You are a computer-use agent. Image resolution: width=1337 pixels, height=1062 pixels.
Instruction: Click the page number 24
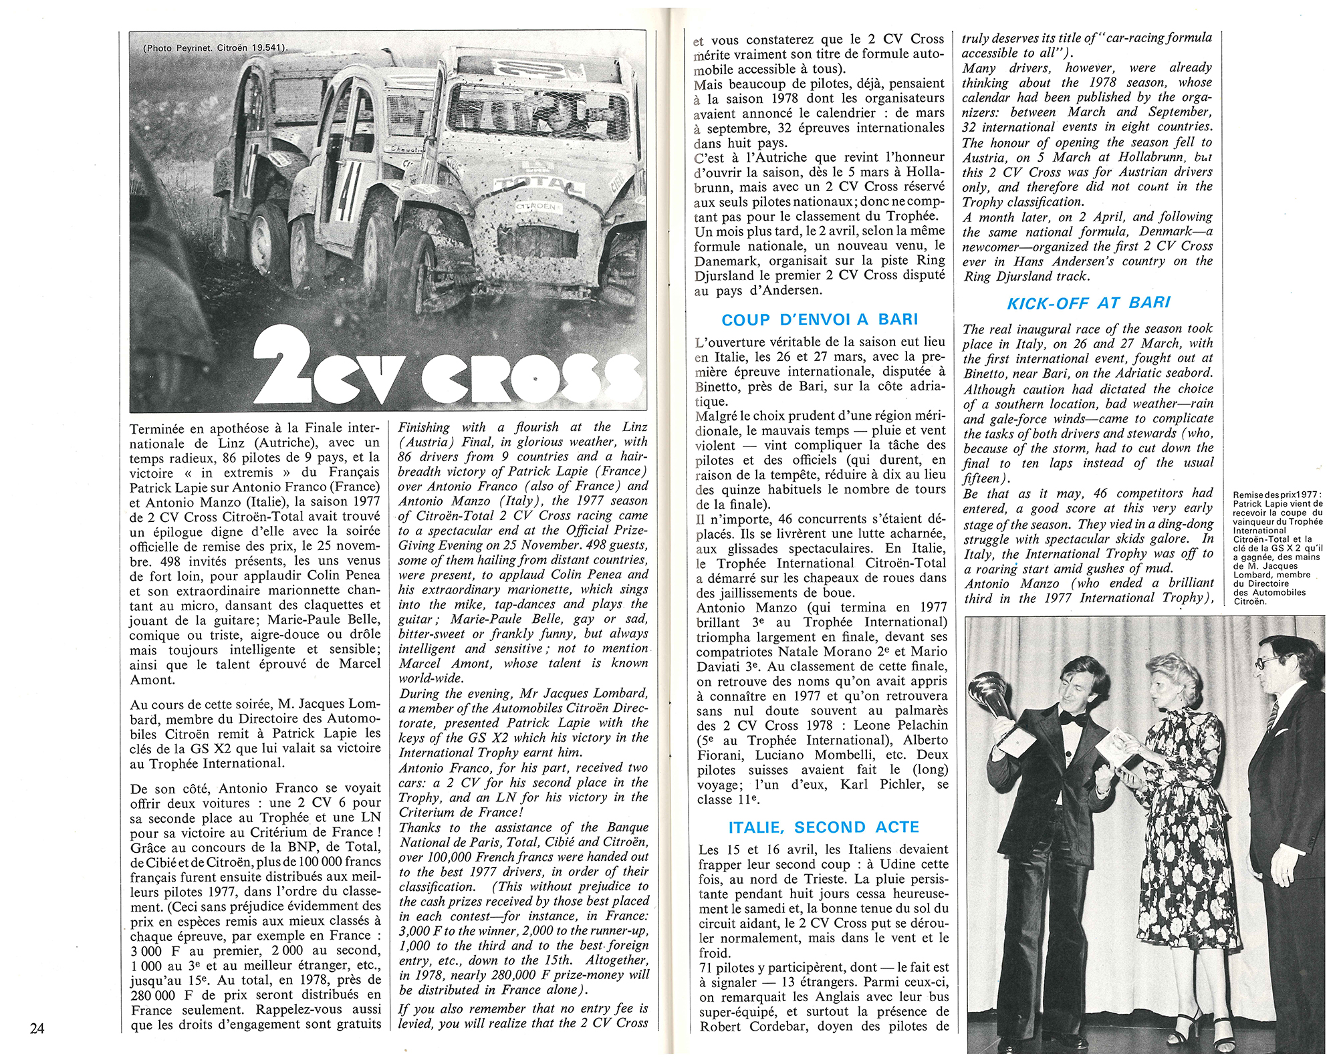(x=37, y=1029)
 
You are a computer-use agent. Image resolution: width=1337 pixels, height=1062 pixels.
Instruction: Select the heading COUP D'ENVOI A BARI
(x=820, y=319)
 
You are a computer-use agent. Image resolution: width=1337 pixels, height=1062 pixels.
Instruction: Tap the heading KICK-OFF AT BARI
(x=1088, y=303)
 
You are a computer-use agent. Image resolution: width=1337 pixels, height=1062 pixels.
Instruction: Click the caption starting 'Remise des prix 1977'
(x=1277, y=548)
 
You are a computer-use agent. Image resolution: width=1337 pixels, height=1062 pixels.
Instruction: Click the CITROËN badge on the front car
(x=535, y=208)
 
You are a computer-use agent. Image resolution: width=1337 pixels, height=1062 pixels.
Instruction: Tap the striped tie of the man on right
(x=1273, y=716)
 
